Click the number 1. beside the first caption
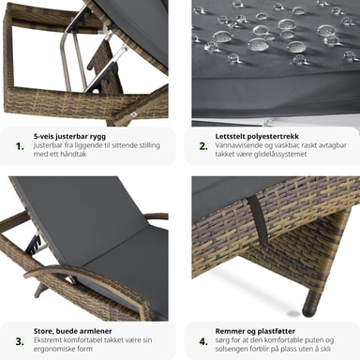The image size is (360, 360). pos(20,146)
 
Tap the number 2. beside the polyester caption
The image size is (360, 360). pos(203,146)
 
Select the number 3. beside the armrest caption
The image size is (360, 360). pos(20,341)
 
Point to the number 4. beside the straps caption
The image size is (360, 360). pos(203,341)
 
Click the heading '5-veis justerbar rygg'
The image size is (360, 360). pos(69,137)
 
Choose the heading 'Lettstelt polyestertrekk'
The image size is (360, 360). pos(257,137)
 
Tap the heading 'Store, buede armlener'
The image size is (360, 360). pos(72,331)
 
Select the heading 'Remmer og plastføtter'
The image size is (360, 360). pos(255,331)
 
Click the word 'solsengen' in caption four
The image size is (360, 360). pos(232,349)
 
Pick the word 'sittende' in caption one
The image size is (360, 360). pos(122,145)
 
